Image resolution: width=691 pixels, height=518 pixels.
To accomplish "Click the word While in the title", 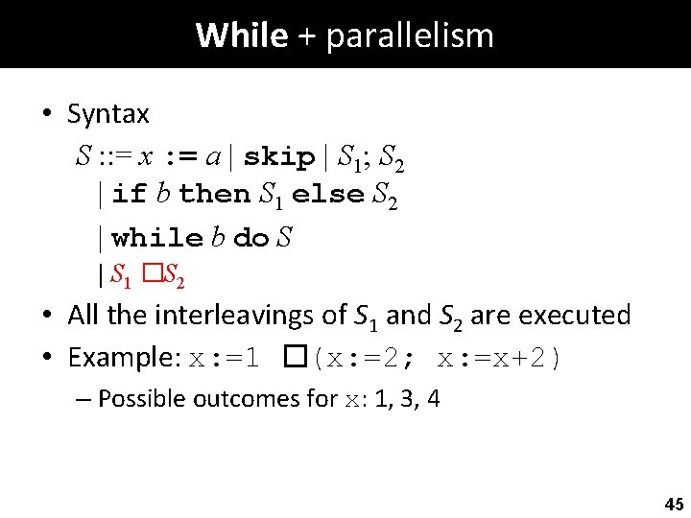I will [x=241, y=35].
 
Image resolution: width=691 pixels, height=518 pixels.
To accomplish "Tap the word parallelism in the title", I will [x=410, y=35].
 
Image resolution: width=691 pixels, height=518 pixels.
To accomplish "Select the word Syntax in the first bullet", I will [x=107, y=114].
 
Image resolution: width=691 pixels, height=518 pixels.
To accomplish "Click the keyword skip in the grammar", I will [x=279, y=156].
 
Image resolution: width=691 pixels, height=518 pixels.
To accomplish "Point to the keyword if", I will [x=129, y=194].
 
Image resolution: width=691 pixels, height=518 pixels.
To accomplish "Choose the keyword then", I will [x=214, y=194].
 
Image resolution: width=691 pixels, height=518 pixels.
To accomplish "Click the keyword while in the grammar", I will [x=157, y=236].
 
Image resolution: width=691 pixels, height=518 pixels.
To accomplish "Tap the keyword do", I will [x=250, y=236].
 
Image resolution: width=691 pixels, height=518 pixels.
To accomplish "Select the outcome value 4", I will [x=434, y=398].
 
